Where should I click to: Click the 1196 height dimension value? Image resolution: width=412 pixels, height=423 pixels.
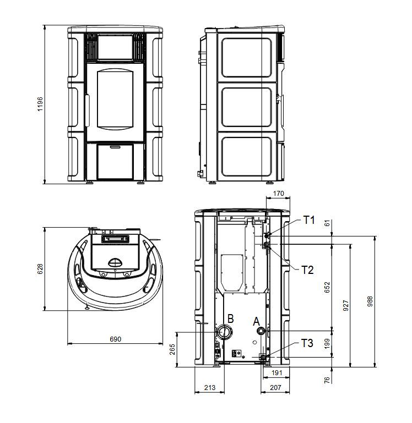[40, 105]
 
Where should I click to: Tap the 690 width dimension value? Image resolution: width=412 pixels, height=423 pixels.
[115, 339]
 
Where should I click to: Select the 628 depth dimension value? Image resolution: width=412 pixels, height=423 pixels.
[40, 269]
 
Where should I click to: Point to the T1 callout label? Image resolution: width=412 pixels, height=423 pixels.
[309, 220]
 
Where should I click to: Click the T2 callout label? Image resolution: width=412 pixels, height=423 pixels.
[307, 270]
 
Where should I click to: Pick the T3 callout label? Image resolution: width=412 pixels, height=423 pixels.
[307, 343]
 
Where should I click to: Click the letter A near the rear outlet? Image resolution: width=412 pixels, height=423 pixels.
[256, 322]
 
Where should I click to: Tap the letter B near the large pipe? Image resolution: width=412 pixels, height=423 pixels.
[230, 318]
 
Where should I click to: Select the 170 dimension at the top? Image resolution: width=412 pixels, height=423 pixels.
[278, 194]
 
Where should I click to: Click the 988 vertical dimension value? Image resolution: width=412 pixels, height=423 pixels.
[370, 301]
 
